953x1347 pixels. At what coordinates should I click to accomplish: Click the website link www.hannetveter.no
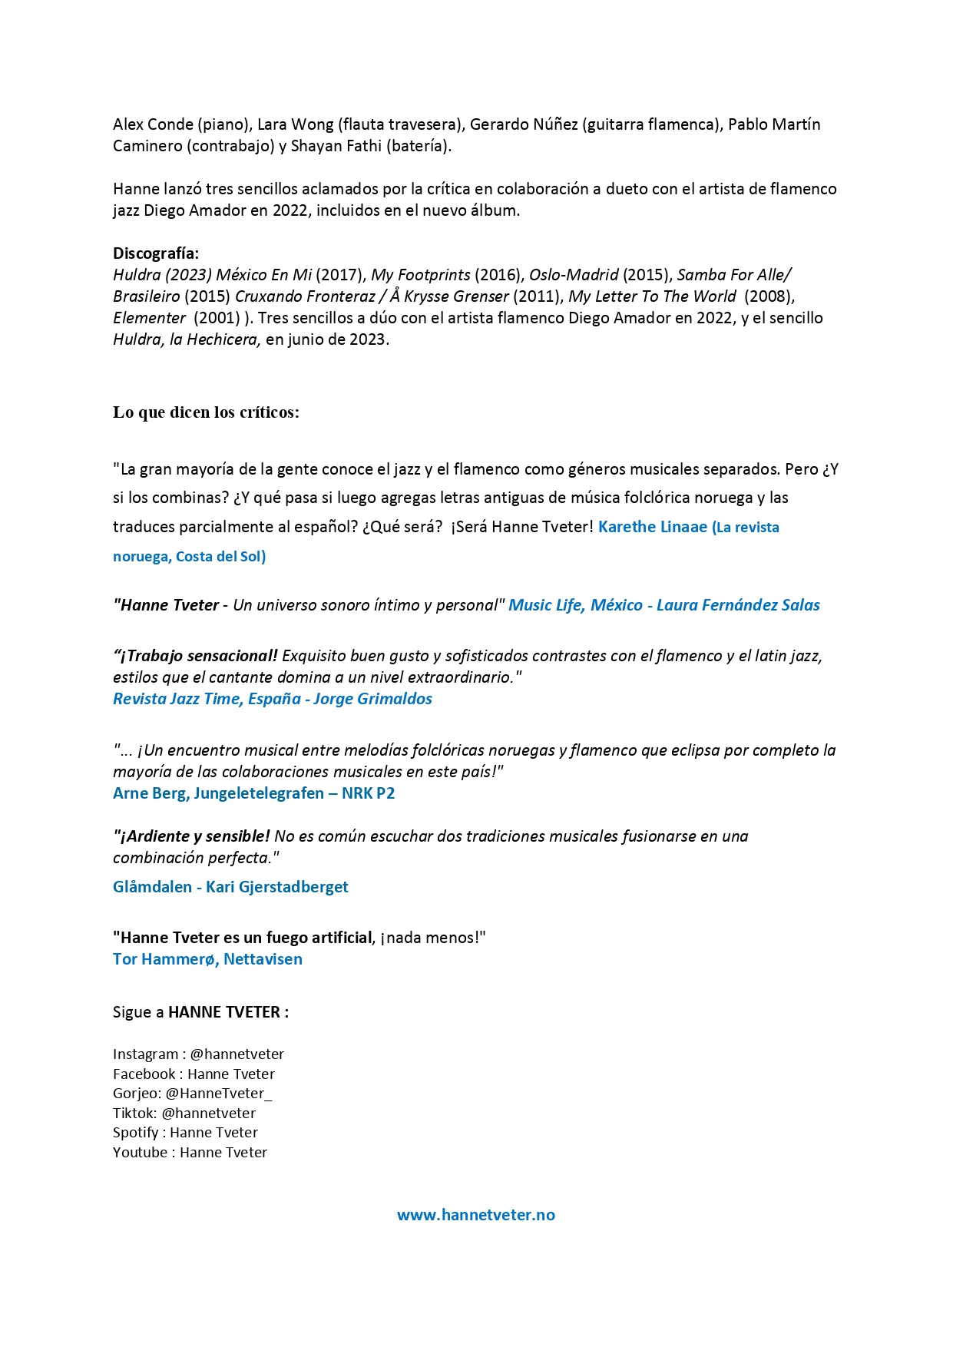[x=475, y=1215]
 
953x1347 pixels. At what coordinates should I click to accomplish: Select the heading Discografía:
[x=156, y=253]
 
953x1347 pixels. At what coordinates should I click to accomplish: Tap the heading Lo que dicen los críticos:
[x=206, y=412]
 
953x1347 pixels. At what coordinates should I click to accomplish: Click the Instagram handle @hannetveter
[x=237, y=1054]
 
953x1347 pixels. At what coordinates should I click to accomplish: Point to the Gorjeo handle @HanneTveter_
[x=219, y=1094]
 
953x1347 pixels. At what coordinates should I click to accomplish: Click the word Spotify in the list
[x=135, y=1133]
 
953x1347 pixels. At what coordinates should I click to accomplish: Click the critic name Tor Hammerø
[x=164, y=959]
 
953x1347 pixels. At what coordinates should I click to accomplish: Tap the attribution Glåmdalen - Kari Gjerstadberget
[x=230, y=887]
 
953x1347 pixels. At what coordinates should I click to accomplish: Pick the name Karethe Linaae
[x=652, y=527]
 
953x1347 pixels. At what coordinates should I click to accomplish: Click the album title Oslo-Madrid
[x=574, y=275]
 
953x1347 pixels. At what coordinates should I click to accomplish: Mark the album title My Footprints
[x=420, y=275]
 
